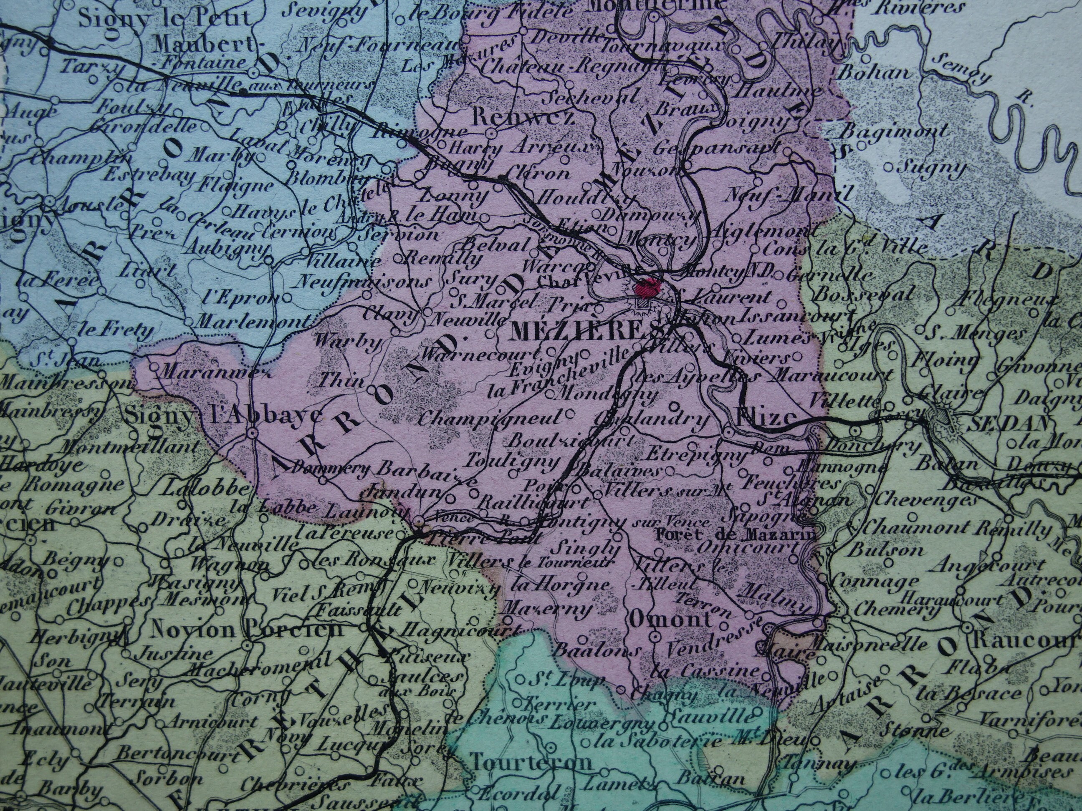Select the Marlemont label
(x=253, y=321)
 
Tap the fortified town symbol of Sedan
(x=940, y=419)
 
